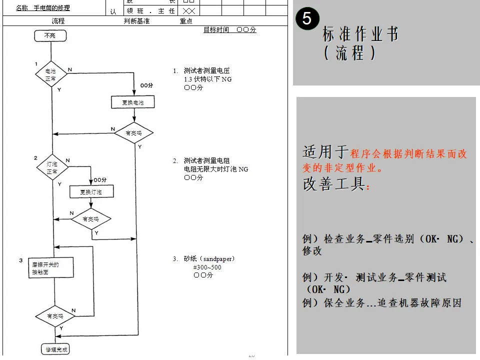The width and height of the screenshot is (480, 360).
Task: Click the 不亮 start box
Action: pyautogui.click(x=50, y=35)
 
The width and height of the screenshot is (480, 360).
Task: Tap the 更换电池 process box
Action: pyautogui.click(x=132, y=102)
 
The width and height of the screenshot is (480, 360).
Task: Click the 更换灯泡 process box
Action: pyautogui.click(x=90, y=191)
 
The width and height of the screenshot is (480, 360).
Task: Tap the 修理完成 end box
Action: pyautogui.click(x=56, y=349)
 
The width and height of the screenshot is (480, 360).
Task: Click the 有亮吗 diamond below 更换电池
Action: pyautogui.click(x=133, y=133)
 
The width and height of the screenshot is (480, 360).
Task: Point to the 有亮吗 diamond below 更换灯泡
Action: pyautogui.click(x=90, y=218)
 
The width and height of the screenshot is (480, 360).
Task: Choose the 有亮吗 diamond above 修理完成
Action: pyautogui.click(x=55, y=316)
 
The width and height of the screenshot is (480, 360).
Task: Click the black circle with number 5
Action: pyautogui.click(x=307, y=19)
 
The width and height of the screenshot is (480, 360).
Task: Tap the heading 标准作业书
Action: pyautogui.click(x=360, y=34)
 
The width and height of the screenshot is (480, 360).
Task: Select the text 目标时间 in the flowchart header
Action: pyautogui.click(x=216, y=30)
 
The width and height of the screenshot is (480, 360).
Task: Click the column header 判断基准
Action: pyautogui.click(x=136, y=21)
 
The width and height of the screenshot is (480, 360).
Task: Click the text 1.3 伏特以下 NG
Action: pyautogui.click(x=207, y=79)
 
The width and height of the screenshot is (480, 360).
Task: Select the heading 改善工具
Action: pyautogui.click(x=333, y=184)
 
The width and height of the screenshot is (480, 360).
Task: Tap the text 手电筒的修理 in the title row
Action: pyautogui.click(x=52, y=8)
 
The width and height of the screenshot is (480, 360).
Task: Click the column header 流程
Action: pyautogui.click(x=58, y=21)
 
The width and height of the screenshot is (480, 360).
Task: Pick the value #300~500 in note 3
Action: pyautogui.click(x=207, y=267)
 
